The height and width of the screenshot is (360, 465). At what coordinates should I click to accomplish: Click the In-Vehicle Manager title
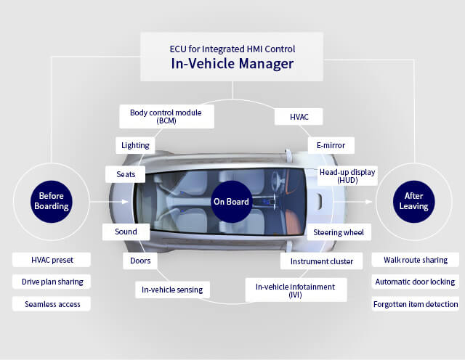[x=232, y=64]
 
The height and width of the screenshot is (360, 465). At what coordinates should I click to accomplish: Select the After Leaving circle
[x=414, y=201]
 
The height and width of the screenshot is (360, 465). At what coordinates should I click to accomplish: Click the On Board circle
[x=231, y=202]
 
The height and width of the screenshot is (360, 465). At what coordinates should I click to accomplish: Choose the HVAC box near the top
[x=298, y=116]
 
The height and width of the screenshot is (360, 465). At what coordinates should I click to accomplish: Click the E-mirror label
[x=331, y=145]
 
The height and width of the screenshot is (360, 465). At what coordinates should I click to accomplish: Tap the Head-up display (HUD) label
[x=347, y=176]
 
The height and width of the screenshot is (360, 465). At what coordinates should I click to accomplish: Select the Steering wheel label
[x=339, y=232]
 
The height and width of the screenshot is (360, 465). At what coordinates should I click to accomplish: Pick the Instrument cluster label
[x=321, y=261]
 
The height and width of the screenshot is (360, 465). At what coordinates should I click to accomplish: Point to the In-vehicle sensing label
[x=172, y=290]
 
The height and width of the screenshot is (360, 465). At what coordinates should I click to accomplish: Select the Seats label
[x=125, y=174]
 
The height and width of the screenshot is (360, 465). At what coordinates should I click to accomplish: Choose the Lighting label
[x=135, y=145]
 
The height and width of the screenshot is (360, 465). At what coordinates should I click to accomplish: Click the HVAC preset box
[x=52, y=260]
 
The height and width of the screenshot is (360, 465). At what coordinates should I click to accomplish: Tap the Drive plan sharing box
[x=52, y=282]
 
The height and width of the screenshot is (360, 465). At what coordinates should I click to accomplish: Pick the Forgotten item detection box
[x=415, y=303]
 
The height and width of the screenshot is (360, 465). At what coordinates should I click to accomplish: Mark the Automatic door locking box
[x=415, y=282]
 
